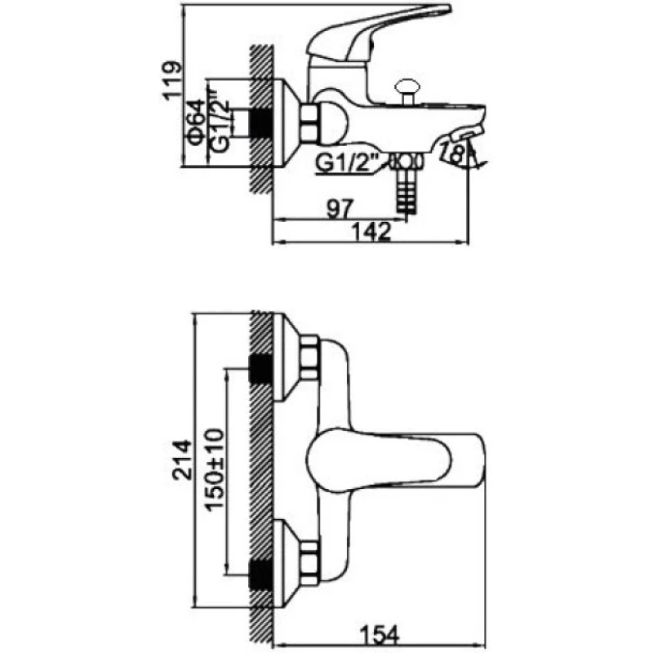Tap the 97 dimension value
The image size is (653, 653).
tap(334, 209)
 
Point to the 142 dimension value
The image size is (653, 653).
tap(372, 232)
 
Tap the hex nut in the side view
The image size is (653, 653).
tap(309, 123)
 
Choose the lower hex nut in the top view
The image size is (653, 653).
tap(309, 564)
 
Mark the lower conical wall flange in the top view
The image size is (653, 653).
tap(283, 564)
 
